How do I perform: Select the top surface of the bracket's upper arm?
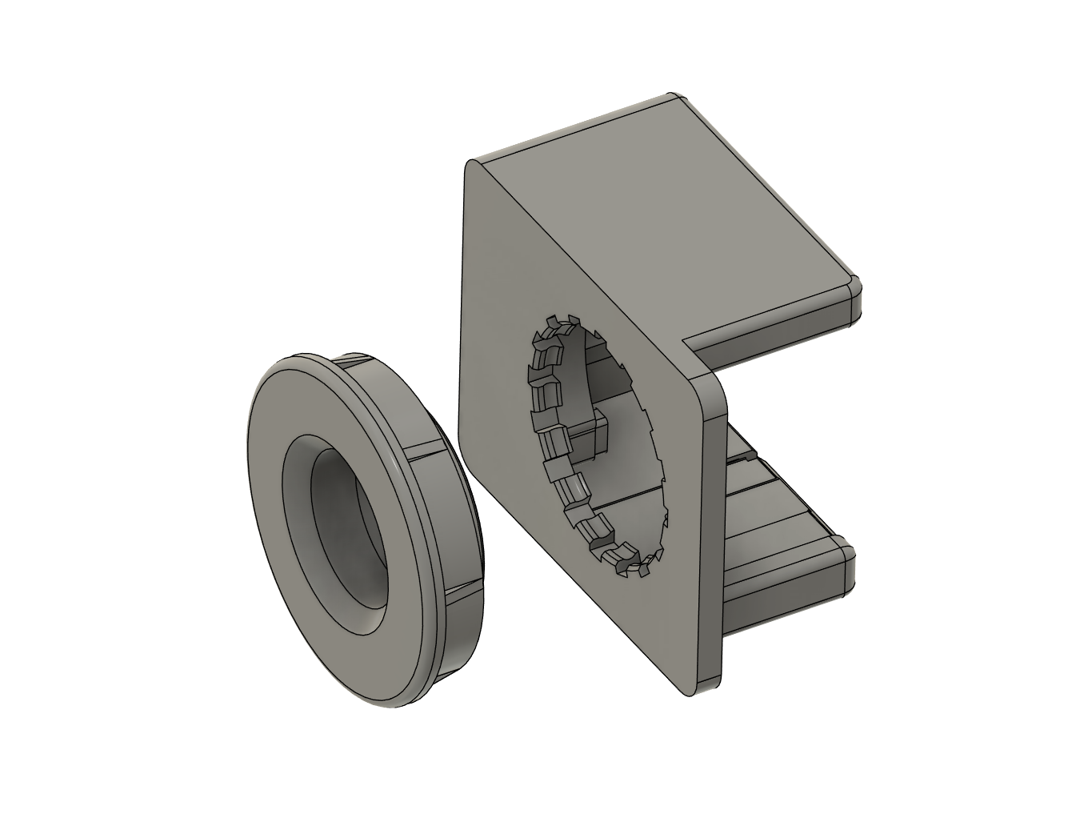click(x=672, y=200)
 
